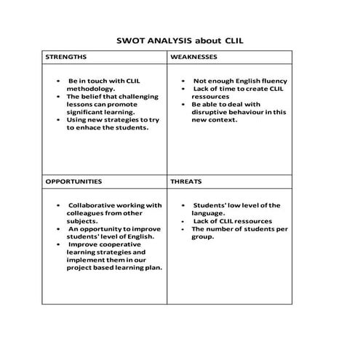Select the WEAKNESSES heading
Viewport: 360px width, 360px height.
point(193,56)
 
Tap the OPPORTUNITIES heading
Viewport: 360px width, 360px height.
point(73,181)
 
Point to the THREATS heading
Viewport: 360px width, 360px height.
point(186,181)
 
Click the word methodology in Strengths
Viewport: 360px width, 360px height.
point(90,89)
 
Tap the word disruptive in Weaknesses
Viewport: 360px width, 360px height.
point(211,112)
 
